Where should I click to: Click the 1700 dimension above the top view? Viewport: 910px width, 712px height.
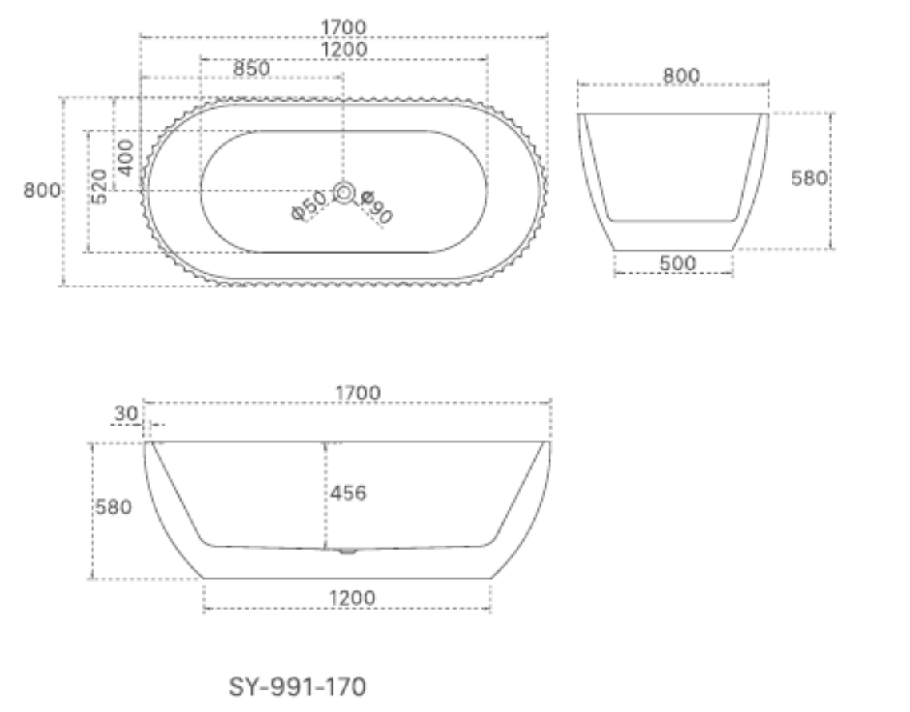tap(344, 27)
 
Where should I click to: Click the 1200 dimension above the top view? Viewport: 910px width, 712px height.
tap(344, 50)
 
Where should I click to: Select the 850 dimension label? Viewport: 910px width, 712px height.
tap(251, 69)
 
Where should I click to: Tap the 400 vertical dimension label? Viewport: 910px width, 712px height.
tap(126, 158)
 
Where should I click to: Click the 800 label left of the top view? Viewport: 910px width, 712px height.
tap(42, 190)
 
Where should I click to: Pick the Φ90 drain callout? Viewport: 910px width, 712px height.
tap(376, 208)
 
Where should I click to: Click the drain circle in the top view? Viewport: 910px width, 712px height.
tap(345, 191)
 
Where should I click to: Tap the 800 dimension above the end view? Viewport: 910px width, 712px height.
tap(681, 76)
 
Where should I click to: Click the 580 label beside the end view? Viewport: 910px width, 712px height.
tap(808, 178)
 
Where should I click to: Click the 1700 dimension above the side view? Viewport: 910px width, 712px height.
tap(357, 393)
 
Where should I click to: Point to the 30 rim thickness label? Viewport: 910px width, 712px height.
tap(126, 414)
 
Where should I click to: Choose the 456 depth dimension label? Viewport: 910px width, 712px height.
tap(348, 494)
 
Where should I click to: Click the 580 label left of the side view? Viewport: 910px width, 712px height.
tap(114, 507)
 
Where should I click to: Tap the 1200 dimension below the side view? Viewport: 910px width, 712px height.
tap(352, 598)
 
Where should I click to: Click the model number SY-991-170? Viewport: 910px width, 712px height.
tap(297, 686)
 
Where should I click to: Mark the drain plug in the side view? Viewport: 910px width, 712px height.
tap(347, 551)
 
